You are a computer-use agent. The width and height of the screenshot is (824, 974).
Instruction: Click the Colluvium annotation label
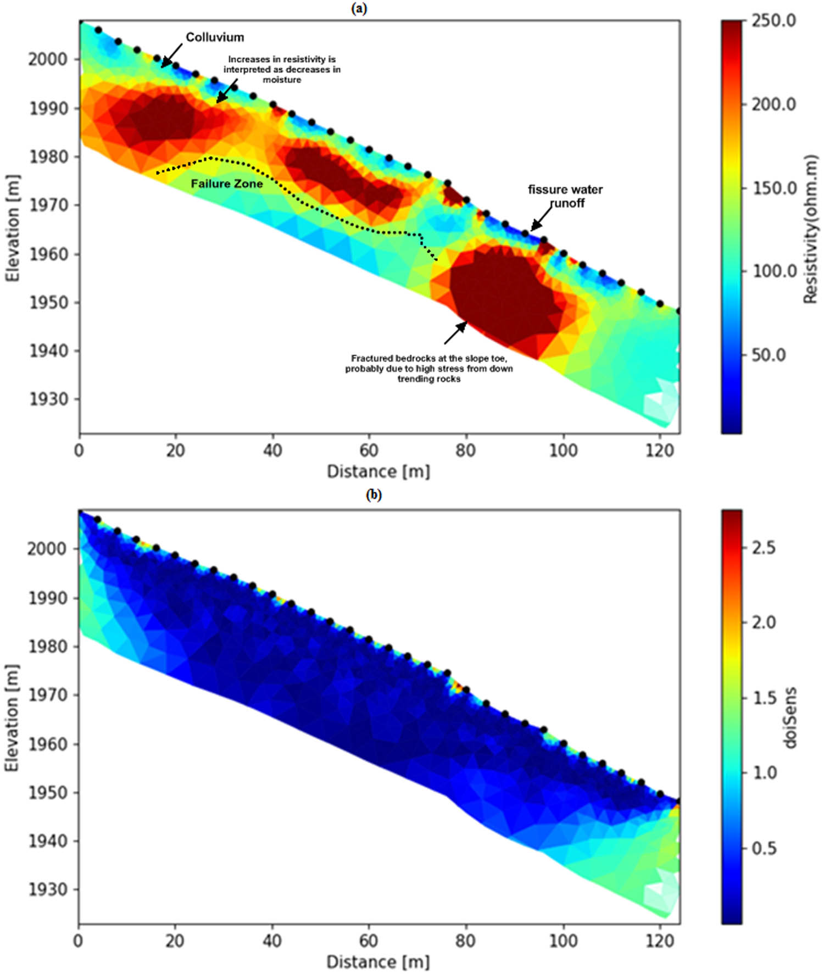pos(215,37)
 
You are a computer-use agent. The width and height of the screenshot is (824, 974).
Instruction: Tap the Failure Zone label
pos(227,184)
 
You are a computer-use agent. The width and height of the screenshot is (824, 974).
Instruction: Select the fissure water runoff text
pos(565,196)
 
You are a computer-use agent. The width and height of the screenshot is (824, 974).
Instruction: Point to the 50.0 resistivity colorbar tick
pos(768,355)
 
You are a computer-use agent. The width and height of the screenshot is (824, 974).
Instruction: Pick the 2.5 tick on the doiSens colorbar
pos(764,548)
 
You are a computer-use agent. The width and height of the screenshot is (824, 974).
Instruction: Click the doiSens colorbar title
pos(790,717)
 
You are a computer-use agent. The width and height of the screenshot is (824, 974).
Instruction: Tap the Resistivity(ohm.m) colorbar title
pos(810,229)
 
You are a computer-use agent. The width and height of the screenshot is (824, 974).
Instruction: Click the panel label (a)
pos(359,8)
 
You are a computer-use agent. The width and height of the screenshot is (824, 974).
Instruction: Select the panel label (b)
pos(374,495)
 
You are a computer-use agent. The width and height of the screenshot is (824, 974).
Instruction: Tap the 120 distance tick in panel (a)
pos(659,451)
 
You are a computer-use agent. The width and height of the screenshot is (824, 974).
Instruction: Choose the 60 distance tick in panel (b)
pos(369,941)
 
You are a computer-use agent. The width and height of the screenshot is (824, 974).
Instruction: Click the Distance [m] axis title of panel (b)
pos(378,962)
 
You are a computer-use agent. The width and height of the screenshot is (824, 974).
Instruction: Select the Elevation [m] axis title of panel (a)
pos(12,228)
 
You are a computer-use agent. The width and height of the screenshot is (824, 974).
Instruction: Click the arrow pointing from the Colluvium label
pos(172,56)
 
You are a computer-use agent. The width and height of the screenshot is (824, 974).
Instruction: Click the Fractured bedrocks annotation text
pos(429,369)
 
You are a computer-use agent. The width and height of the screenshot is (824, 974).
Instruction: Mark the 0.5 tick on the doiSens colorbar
pos(764,848)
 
